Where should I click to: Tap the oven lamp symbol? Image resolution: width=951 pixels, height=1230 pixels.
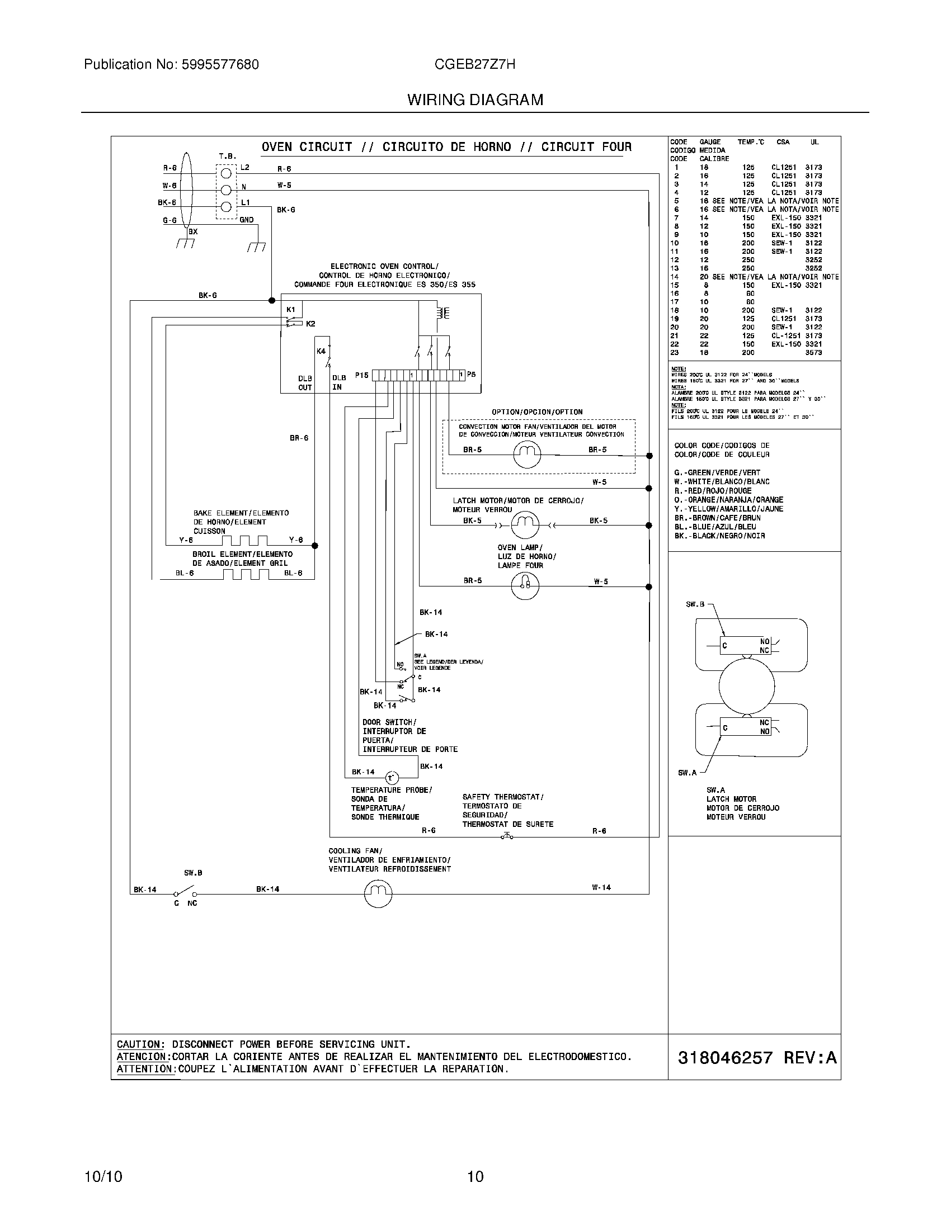point(525,586)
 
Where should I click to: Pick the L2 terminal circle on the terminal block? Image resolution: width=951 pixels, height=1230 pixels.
point(226,173)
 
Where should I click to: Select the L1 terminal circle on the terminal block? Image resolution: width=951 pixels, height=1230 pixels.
point(226,207)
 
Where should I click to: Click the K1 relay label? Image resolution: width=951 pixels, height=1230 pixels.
point(291,310)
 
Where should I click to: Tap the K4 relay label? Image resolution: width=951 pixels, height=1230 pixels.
point(321,352)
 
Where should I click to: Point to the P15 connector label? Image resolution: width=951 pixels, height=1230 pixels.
point(361,375)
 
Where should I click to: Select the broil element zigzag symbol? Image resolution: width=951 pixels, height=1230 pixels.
point(246,574)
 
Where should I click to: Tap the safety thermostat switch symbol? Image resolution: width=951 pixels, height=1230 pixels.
point(507,836)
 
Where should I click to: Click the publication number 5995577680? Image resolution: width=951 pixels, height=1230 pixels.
point(219,65)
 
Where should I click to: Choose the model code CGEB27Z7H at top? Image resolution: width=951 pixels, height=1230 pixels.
point(474,65)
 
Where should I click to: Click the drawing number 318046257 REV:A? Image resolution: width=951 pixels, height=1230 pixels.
point(757,1058)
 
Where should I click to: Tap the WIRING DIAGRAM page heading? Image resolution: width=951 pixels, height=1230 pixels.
point(475,100)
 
